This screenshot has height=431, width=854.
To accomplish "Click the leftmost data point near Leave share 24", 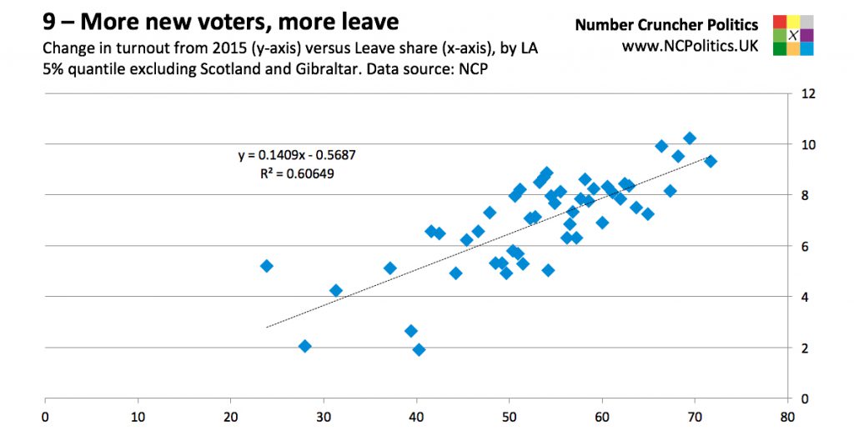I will (x=267, y=266).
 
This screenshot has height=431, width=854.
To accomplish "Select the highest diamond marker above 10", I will (x=690, y=138).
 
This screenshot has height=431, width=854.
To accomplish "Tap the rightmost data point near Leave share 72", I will (x=711, y=161).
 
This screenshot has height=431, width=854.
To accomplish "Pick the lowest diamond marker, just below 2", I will (x=419, y=349).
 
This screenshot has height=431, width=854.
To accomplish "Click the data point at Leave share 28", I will (x=305, y=346).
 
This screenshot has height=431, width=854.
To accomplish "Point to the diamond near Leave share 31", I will (x=336, y=290).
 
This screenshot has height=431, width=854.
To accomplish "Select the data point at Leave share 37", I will (x=389, y=268).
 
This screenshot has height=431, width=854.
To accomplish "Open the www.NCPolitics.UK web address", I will (x=690, y=47).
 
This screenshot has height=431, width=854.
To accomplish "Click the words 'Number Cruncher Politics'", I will (x=666, y=25).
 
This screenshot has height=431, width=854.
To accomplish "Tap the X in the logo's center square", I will (x=793, y=35).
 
